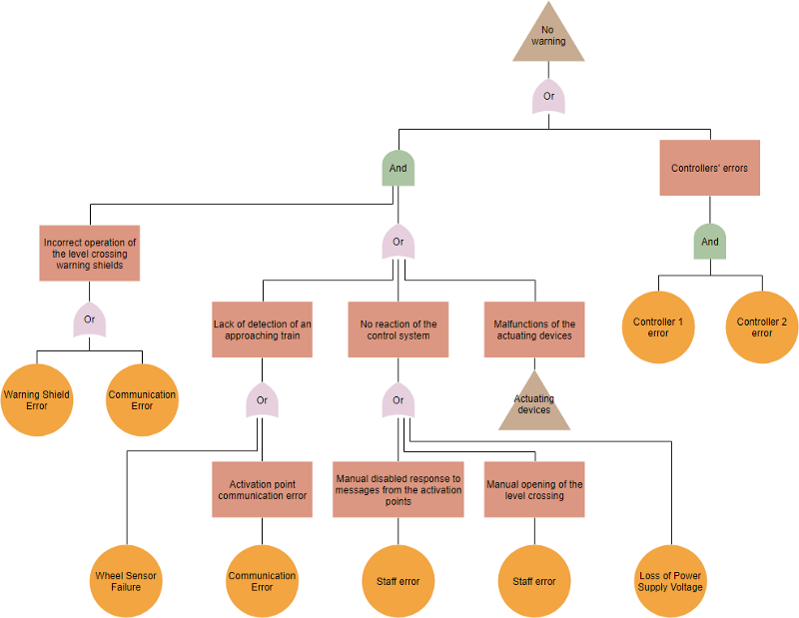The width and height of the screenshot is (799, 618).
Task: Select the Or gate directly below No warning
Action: click(x=548, y=97)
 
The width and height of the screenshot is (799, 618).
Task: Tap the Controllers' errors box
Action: click(x=710, y=168)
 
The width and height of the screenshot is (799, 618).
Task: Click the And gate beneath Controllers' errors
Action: click(x=710, y=242)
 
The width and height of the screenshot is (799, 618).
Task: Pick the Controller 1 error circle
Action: click(x=658, y=327)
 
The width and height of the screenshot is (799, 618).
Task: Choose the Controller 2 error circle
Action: click(x=762, y=327)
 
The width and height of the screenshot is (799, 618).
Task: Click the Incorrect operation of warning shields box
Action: click(x=90, y=254)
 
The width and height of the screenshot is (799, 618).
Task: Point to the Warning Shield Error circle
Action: click(x=37, y=400)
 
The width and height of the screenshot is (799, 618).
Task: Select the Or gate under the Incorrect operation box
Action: click(x=89, y=319)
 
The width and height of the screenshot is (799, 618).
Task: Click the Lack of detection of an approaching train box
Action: click(x=262, y=329)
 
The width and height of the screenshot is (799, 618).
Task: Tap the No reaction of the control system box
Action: click(x=398, y=329)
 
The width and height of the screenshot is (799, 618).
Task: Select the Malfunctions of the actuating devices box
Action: click(x=534, y=329)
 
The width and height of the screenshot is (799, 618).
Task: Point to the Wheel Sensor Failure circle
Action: click(x=126, y=581)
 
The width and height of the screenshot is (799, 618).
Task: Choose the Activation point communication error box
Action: click(x=262, y=489)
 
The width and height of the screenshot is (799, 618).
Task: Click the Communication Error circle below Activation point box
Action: click(x=262, y=581)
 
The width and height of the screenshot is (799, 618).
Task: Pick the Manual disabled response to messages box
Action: click(x=398, y=489)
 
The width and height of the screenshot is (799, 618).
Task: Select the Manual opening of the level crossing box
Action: click(x=534, y=489)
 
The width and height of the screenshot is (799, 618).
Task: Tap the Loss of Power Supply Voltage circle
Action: click(x=670, y=581)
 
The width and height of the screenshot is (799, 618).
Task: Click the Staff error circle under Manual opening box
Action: click(x=534, y=581)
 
